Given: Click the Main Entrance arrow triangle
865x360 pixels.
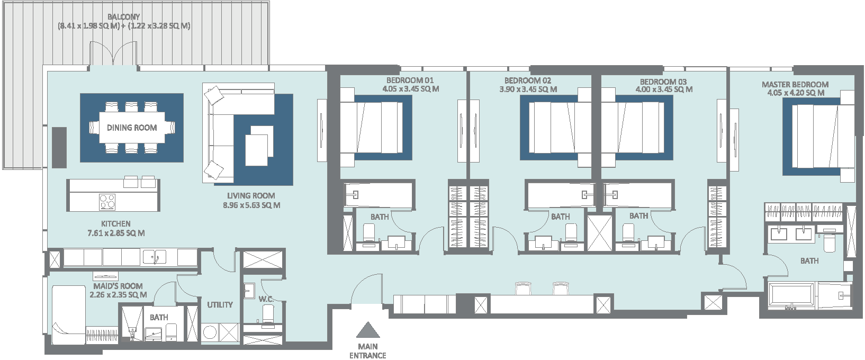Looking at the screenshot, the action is [367, 330].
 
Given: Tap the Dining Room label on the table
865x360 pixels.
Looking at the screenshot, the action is [132, 128].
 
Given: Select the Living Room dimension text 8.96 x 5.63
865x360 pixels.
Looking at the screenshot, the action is [251, 205].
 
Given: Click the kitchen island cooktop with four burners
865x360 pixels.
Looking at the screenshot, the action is [107, 201].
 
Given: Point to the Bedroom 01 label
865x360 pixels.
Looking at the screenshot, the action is [410, 80].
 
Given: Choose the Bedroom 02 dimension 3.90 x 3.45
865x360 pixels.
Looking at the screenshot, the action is [528, 89].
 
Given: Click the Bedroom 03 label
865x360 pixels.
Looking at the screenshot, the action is [663, 82].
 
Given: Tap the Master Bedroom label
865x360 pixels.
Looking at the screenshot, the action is [795, 84].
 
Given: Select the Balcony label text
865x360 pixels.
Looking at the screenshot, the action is [123, 17].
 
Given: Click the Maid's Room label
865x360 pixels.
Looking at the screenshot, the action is [118, 286].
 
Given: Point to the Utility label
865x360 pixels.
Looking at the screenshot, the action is [220, 305].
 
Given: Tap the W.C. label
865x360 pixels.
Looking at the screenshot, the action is [266, 299].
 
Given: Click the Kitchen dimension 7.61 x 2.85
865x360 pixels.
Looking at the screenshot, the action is [116, 233].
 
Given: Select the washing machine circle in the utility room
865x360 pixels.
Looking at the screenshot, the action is [210, 332].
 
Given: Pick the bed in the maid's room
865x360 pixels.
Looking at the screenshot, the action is [68, 314].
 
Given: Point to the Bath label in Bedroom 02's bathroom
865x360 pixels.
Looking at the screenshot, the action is [560, 217].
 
